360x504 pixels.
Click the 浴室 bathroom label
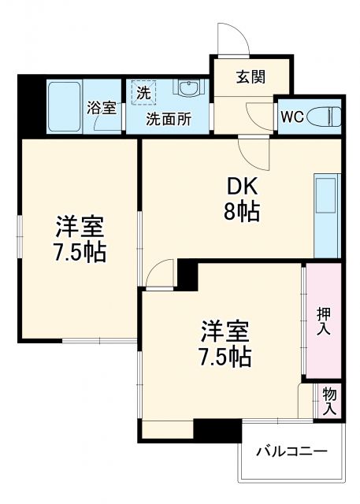(x=102, y=108)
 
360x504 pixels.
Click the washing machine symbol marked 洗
(x=143, y=93)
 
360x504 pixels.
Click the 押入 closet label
(x=324, y=320)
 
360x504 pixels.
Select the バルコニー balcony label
(x=292, y=452)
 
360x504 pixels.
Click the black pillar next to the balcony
(x=217, y=430)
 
